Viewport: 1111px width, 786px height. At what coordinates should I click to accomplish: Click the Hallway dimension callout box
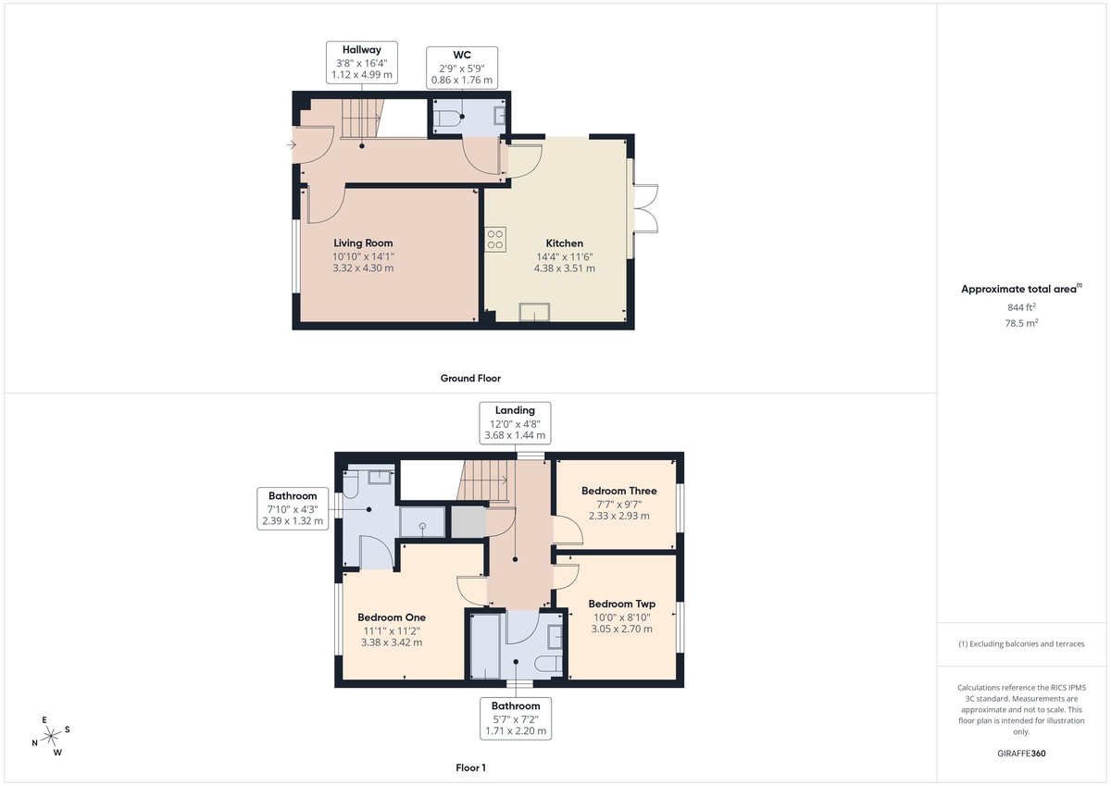tap(362, 65)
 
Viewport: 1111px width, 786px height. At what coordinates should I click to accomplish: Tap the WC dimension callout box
tap(462, 68)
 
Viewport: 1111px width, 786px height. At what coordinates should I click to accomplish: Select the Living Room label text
tap(363, 243)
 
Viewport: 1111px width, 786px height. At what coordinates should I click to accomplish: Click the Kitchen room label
tap(564, 243)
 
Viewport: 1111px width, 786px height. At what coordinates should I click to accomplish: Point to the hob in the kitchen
tap(494, 239)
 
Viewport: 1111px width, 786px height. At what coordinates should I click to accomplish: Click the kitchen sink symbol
tap(534, 312)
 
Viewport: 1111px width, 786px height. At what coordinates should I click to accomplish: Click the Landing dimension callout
tap(515, 423)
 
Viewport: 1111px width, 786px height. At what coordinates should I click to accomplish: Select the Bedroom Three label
tap(618, 491)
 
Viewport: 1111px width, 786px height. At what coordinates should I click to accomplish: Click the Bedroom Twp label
tap(621, 604)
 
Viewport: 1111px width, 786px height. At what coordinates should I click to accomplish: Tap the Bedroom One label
tap(392, 617)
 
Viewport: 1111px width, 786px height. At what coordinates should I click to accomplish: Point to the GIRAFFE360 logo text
tap(1021, 754)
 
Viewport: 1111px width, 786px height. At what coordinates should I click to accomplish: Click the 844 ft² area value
tap(1021, 307)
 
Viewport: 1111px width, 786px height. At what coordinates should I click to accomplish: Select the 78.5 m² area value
tap(1021, 324)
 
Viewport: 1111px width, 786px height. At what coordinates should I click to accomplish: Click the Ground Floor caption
tap(470, 378)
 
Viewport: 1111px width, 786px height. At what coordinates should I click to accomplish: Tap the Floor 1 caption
tap(470, 767)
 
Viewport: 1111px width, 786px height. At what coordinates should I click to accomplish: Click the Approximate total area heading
tap(1019, 289)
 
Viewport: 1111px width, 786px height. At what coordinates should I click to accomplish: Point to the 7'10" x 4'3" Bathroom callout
tap(293, 508)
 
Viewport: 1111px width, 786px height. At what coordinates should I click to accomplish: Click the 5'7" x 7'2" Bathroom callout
tap(516, 718)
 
